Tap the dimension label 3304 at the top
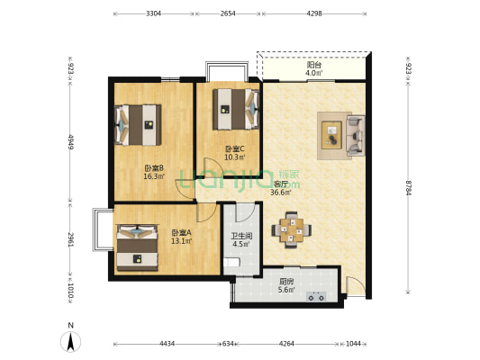point(153,13)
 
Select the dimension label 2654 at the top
point(228,13)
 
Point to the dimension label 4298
point(314,13)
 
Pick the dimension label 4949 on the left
point(70,142)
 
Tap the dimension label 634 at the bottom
point(228,344)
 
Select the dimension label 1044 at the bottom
point(353,344)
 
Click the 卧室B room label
point(154,168)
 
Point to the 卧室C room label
point(235,149)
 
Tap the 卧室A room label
point(181,233)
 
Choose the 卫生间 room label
point(241,236)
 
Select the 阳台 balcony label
point(314,65)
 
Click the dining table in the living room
point(292,230)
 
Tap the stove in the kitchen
point(316,296)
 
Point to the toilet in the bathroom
point(231,263)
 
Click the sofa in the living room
point(356,135)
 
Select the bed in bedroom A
point(137,247)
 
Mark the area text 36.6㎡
point(280,193)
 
